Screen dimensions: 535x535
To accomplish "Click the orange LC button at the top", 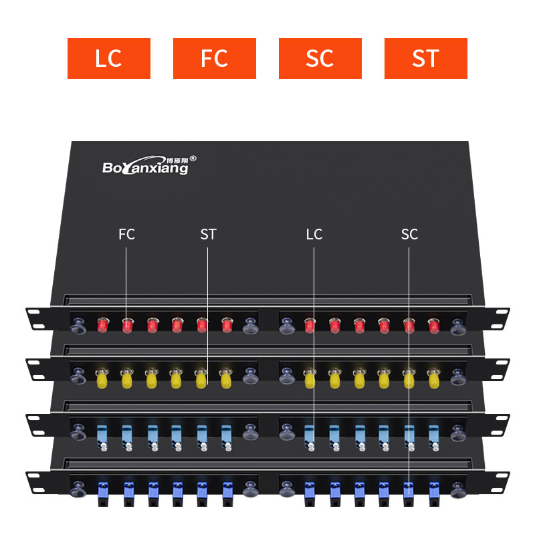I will (108, 58).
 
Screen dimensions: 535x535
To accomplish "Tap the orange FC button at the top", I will (214, 58).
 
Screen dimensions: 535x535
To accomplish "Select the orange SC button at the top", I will (320, 58).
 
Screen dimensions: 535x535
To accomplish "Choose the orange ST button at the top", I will (425, 58).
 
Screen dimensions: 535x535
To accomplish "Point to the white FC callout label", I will (126, 234).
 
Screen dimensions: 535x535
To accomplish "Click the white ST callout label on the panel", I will (208, 234).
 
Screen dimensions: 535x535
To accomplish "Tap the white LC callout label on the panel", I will (314, 234).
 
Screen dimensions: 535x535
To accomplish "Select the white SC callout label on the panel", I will (409, 234).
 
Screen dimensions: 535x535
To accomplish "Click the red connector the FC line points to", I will (127, 326).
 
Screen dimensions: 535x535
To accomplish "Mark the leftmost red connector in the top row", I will (103, 326).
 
